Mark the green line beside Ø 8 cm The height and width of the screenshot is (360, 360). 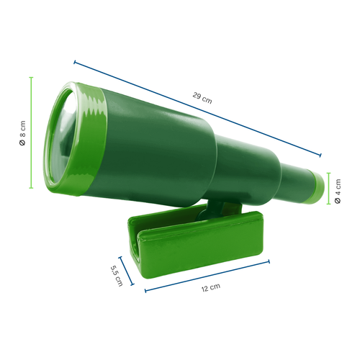point(32,133)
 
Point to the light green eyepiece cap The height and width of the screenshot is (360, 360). point(315,185)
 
